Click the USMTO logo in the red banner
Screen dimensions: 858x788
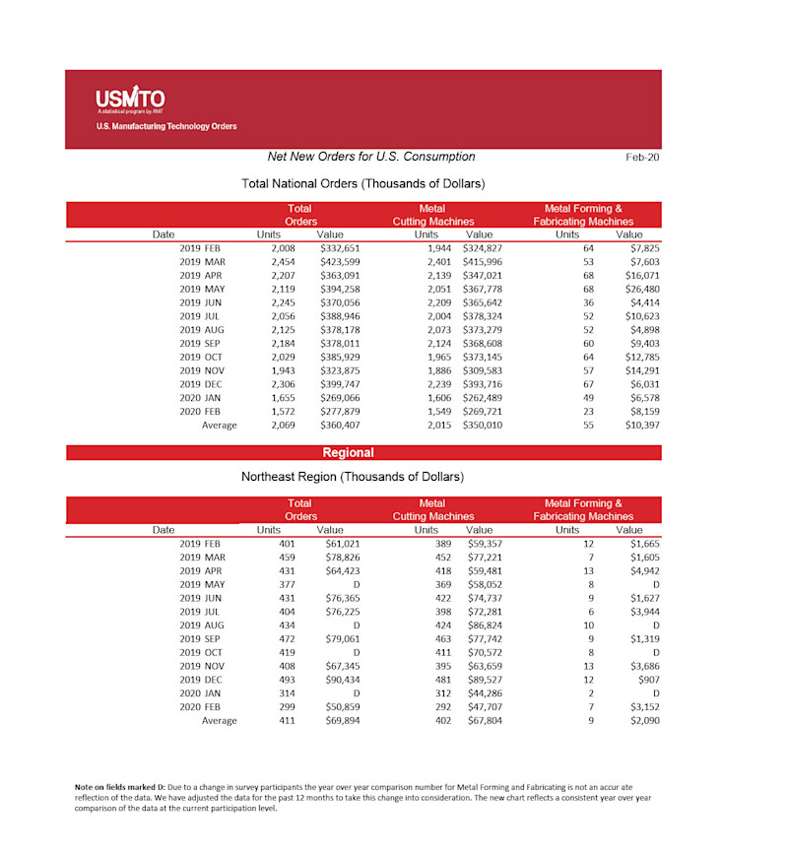point(130,99)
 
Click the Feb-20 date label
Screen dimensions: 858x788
point(642,158)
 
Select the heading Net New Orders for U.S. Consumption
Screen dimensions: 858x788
point(371,157)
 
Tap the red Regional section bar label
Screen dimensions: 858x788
point(348,453)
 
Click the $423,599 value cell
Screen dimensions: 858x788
point(340,262)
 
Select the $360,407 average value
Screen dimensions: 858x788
point(340,426)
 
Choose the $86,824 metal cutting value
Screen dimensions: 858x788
point(483,625)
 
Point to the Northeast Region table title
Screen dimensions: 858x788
point(353,477)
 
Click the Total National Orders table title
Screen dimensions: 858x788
point(362,184)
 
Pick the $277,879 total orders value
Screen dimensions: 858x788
point(340,412)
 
